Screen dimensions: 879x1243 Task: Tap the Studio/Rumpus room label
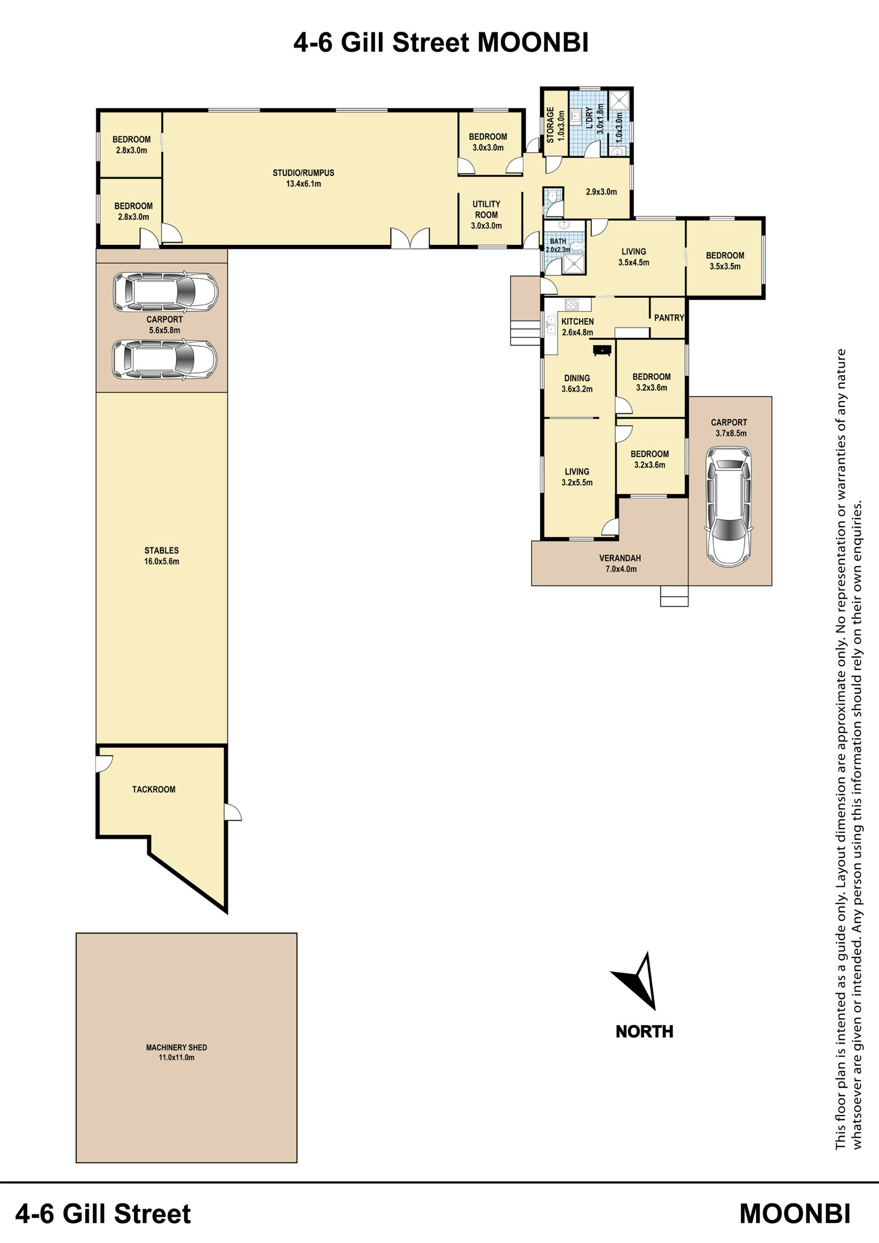point(303,178)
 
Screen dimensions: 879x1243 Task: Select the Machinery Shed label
point(176,1053)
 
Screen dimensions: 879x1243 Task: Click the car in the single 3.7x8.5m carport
point(728,507)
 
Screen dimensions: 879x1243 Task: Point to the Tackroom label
point(154,789)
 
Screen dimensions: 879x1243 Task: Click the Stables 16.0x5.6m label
point(161,556)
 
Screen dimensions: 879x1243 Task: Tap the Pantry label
point(669,318)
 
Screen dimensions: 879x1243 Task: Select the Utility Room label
point(486,215)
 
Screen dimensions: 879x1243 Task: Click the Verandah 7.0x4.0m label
point(620,564)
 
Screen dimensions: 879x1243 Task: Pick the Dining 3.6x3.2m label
point(577,383)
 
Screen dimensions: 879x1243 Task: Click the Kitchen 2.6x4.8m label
point(577,327)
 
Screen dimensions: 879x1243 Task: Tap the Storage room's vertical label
point(555,125)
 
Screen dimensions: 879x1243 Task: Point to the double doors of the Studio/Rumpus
point(410,238)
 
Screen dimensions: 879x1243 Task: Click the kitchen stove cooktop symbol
point(571,304)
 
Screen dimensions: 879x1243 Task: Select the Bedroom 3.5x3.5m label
point(725,261)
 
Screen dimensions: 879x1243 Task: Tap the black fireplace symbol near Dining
point(602,350)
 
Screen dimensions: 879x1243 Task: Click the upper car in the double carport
point(165,292)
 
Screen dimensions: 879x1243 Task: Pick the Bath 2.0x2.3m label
point(558,245)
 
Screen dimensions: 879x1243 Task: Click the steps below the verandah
point(674,596)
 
